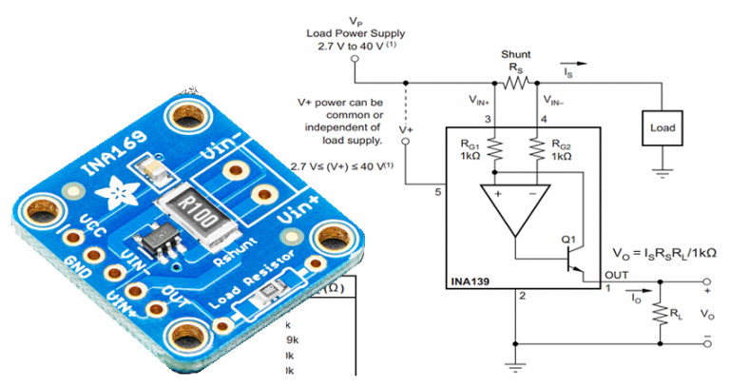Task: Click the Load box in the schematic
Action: [662, 126]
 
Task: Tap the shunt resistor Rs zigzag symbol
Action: [514, 82]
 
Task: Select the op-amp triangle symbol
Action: [513, 210]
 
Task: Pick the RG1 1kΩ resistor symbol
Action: [494, 146]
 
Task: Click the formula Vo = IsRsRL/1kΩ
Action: [665, 253]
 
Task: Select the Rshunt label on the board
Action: [232, 251]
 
